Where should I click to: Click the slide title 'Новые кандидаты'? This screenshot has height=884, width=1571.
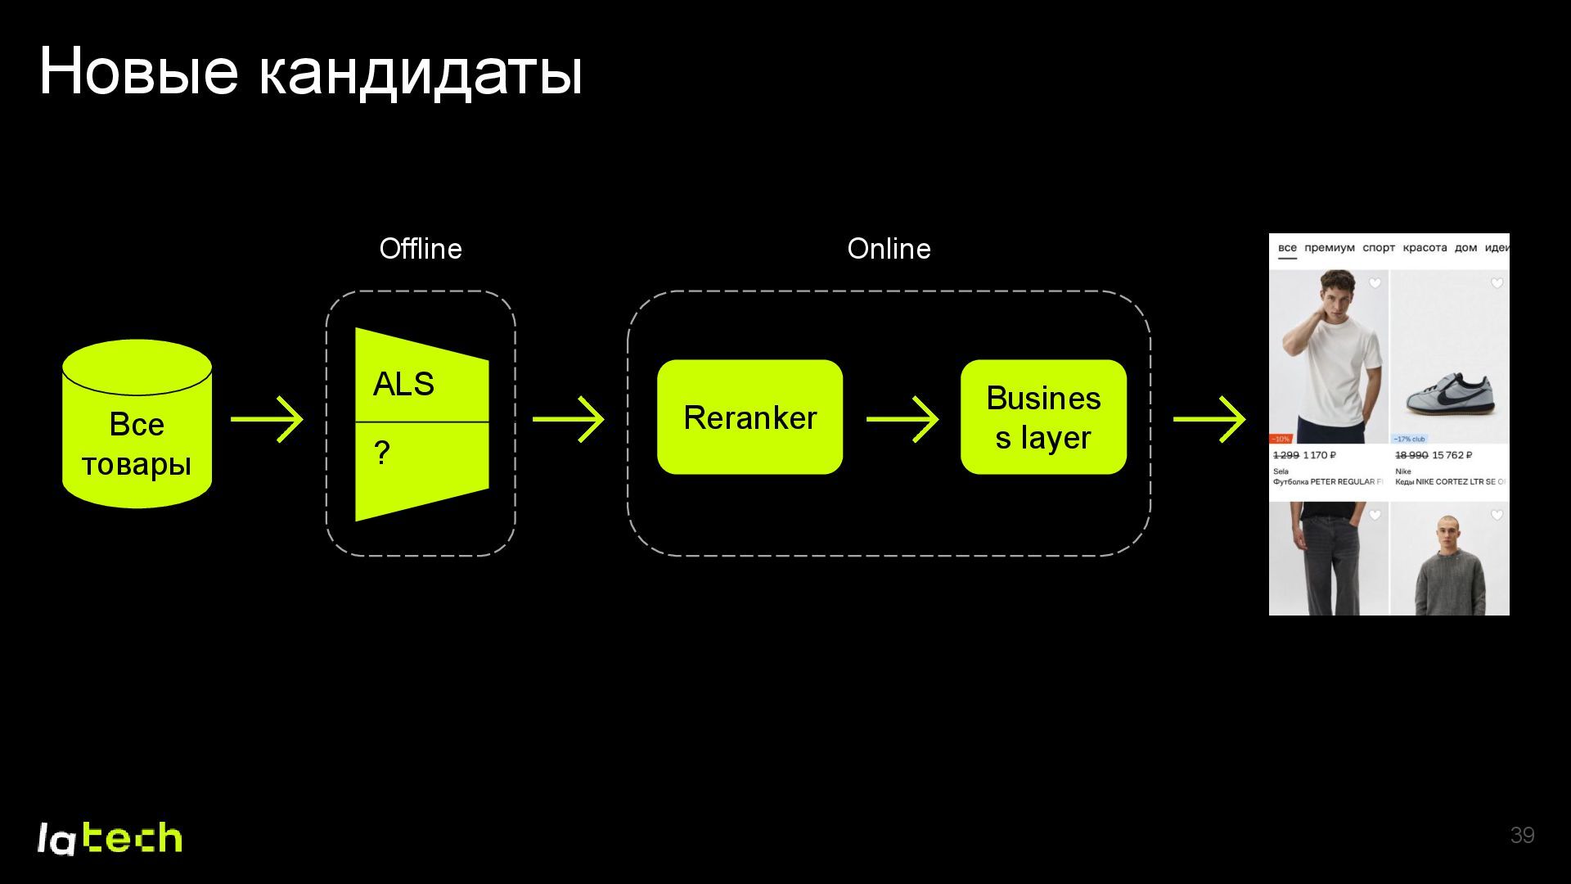[311, 72]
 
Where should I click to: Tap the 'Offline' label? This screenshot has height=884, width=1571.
[421, 249]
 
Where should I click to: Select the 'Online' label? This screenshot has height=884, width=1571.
[889, 249]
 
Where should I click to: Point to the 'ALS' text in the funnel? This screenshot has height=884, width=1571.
[403, 384]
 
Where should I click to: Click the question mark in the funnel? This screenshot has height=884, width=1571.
[381, 453]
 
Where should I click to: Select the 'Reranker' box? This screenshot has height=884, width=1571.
[749, 417]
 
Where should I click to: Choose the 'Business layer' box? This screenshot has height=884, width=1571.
[1043, 417]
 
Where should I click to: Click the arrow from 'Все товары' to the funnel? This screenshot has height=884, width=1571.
[268, 419]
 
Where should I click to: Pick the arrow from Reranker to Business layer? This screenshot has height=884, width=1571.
[903, 419]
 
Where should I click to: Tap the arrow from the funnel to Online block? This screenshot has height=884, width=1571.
[569, 419]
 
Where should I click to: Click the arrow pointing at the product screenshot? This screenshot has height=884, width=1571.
[1209, 419]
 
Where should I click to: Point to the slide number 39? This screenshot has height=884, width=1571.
[1522, 835]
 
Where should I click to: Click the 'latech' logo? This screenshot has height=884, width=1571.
[110, 838]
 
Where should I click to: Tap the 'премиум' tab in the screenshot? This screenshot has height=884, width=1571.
[1330, 248]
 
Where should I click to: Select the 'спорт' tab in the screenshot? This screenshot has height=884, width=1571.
[1379, 248]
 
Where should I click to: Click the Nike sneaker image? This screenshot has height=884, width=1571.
[1450, 394]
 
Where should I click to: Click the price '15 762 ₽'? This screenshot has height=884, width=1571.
[1452, 455]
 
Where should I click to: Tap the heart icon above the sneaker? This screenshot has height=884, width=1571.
[1497, 283]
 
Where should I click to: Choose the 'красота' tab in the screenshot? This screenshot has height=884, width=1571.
[1425, 248]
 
